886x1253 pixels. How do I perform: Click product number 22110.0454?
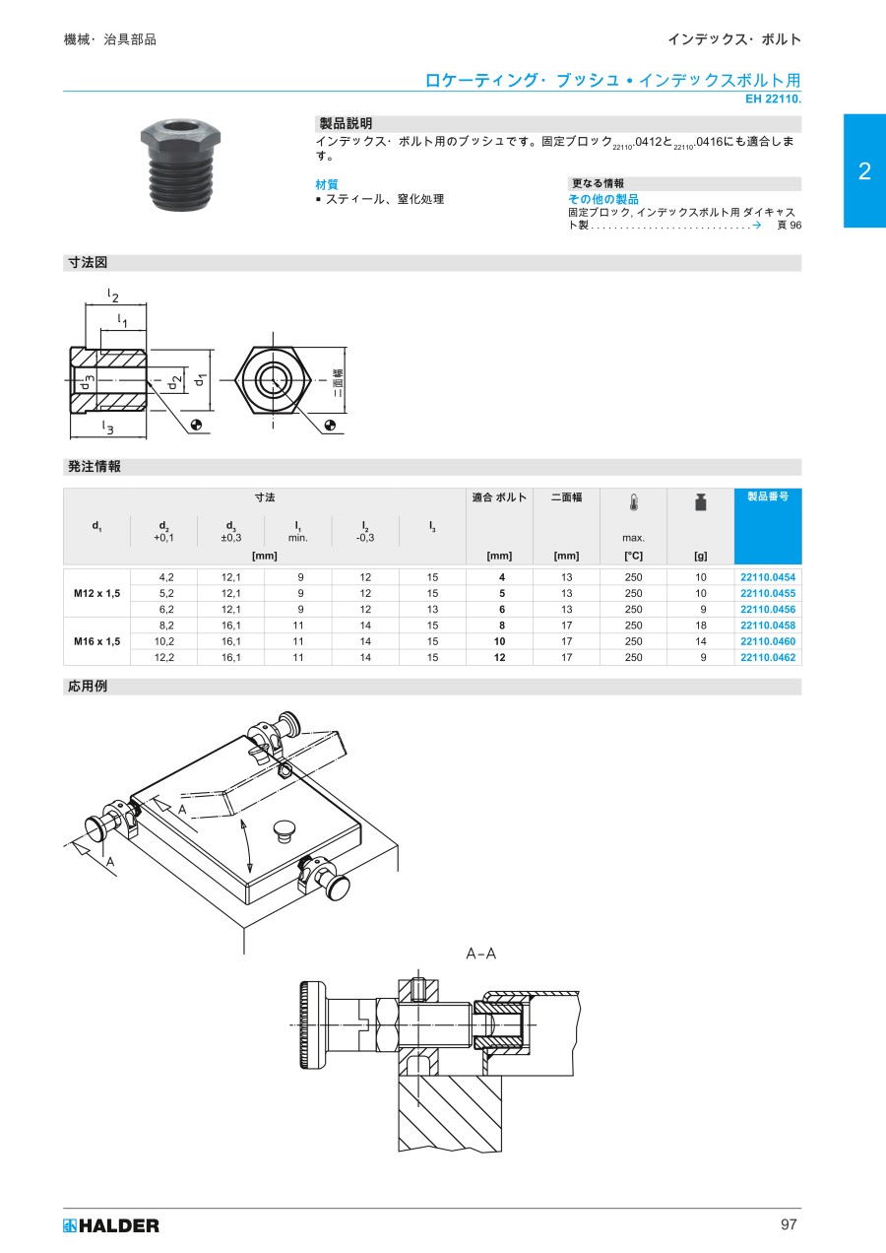(768, 577)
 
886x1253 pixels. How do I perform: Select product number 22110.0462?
(768, 657)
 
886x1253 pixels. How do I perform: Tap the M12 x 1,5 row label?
(96, 593)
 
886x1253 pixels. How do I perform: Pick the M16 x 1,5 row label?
(96, 641)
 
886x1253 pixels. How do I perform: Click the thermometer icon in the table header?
(633, 503)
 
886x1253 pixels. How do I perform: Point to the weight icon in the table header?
(700, 502)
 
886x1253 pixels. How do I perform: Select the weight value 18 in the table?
(700, 626)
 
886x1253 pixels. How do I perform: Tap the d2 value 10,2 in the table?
(163, 641)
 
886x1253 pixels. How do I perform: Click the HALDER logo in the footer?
(110, 1225)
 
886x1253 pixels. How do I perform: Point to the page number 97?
(789, 1224)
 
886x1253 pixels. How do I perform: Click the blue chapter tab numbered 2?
(864, 170)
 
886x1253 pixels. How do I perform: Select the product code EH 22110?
(773, 99)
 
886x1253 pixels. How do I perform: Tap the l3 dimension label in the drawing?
(108, 427)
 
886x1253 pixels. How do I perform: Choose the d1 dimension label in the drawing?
(200, 380)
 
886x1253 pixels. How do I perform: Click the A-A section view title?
(481, 954)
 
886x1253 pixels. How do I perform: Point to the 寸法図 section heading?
(88, 262)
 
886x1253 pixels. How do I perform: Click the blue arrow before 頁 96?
(756, 225)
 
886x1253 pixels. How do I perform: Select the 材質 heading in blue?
(327, 184)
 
